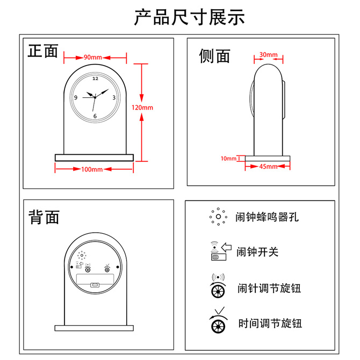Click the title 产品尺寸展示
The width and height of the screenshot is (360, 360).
point(189,17)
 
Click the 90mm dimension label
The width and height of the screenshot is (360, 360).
point(93,57)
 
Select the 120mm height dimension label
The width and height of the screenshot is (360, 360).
point(142,107)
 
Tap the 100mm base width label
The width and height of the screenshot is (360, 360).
point(92,170)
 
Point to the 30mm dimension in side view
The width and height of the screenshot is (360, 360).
point(268,55)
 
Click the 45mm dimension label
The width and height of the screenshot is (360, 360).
point(268,167)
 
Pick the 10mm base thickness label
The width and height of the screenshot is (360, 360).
point(228,159)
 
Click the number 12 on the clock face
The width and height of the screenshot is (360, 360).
point(95,78)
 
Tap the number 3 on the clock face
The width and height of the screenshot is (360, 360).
point(114,97)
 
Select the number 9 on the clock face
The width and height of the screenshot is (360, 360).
point(76,97)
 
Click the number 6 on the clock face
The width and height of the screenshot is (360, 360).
point(95,116)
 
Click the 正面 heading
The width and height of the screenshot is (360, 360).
point(43,51)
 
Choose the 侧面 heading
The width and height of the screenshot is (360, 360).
point(214,56)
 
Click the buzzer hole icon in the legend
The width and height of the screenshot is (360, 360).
point(218,217)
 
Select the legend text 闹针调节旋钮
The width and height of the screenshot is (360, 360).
point(269,288)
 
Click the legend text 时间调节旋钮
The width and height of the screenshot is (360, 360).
point(270,323)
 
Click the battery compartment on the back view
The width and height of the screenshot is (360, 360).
point(95,281)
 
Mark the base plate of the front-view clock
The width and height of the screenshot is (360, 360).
point(94,157)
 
